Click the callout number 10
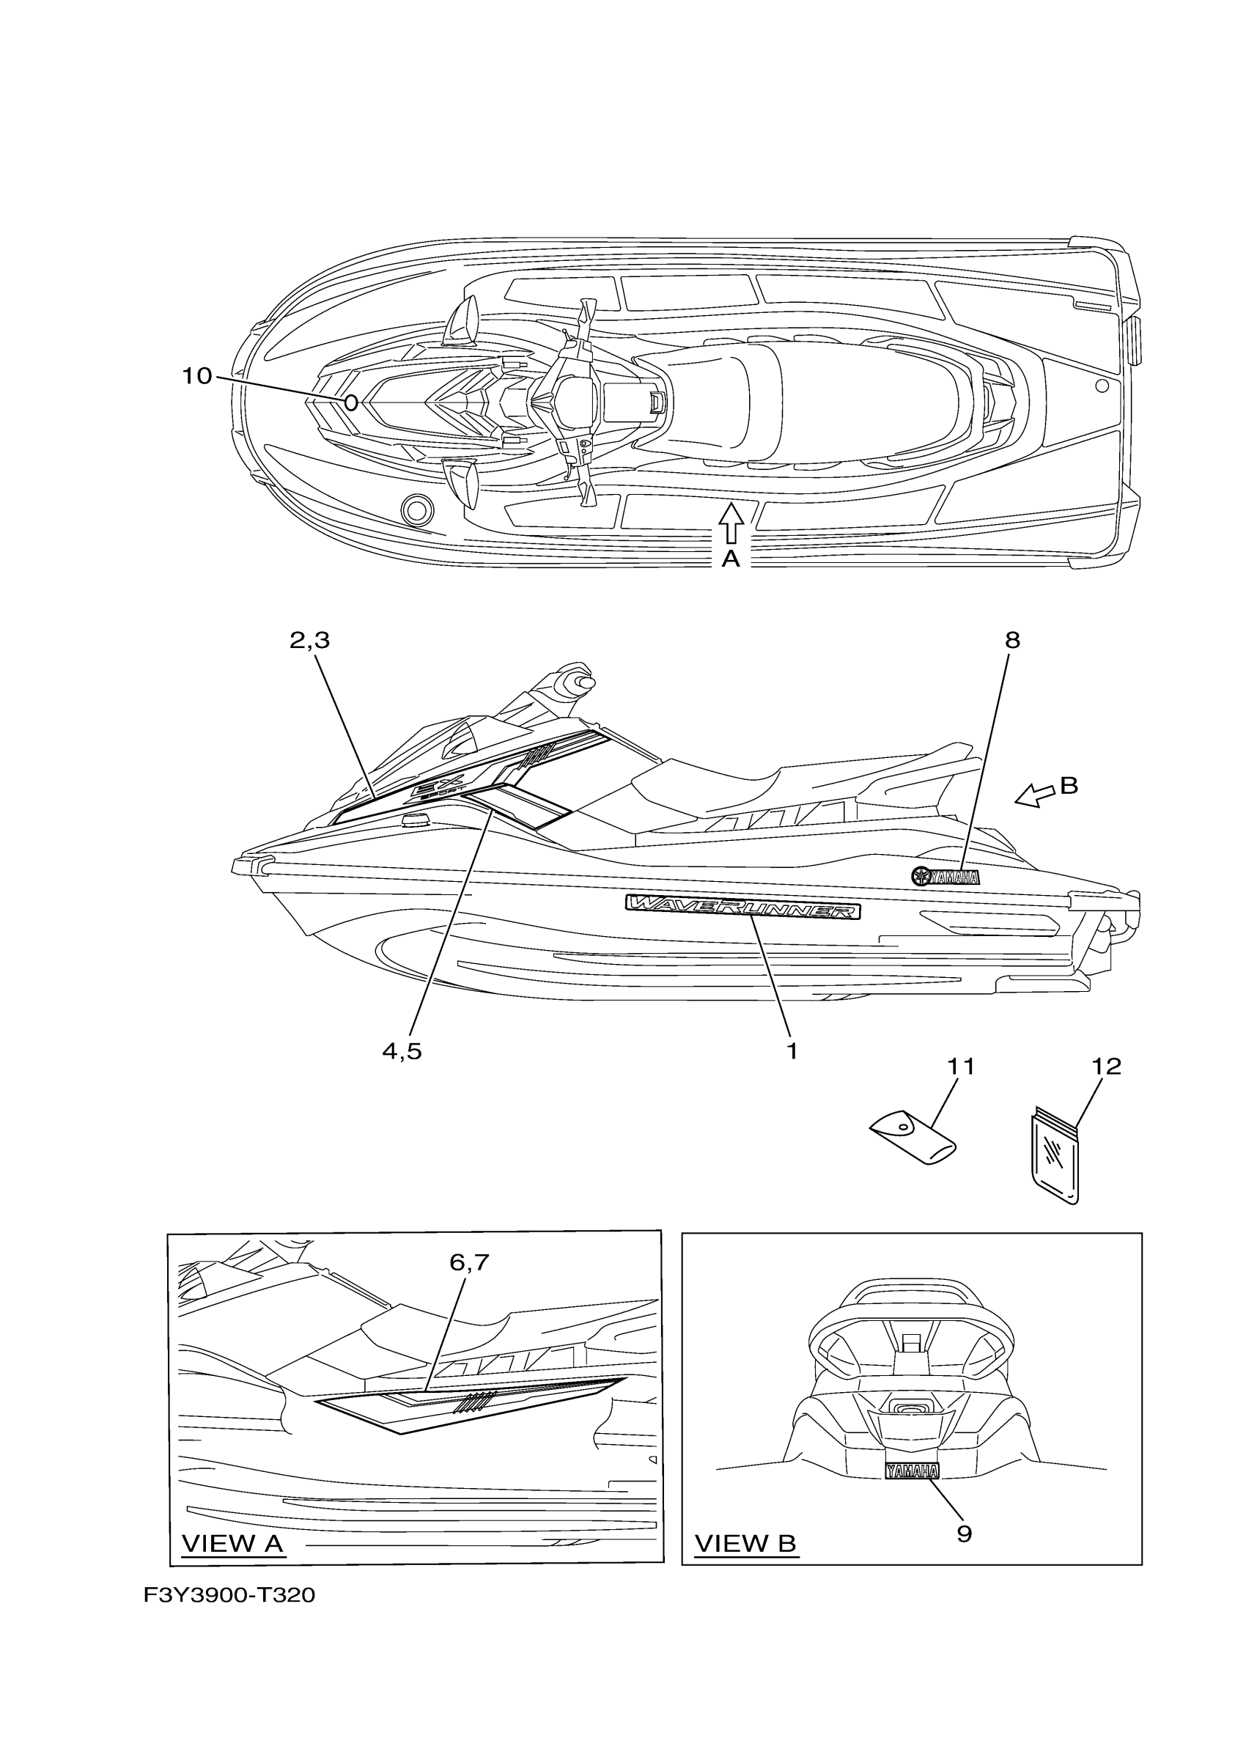(196, 376)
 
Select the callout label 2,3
(309, 641)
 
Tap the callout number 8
(1013, 641)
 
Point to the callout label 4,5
(402, 1051)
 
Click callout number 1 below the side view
(792, 1051)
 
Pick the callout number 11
(960, 1067)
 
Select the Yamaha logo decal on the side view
(945, 876)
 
